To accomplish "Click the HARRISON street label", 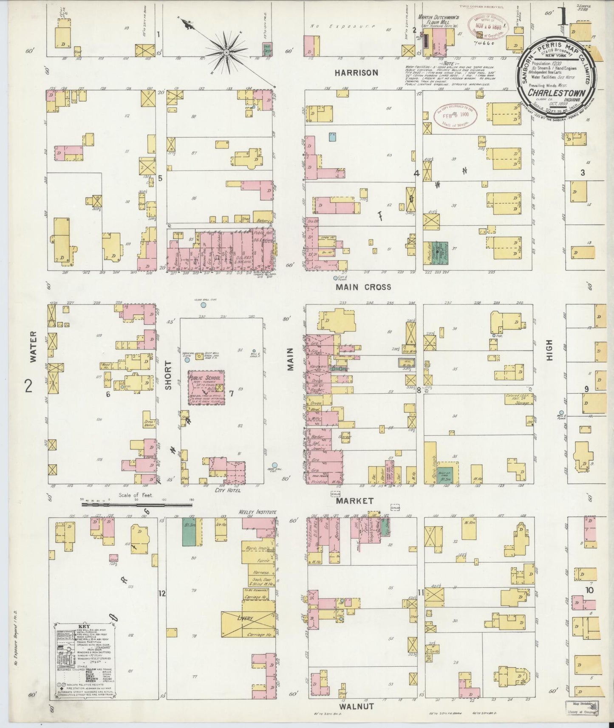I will pos(356,73).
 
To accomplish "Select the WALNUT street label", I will pos(356,706).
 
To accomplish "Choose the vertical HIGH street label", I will pos(549,350).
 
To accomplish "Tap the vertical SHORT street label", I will pos(168,375).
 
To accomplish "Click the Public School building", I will pos(207,387).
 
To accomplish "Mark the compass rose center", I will pos(226,52).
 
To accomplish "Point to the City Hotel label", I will pos(228,490).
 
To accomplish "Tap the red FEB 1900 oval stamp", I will pos(455,115).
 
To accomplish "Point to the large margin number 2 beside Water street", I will pos(28,387).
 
